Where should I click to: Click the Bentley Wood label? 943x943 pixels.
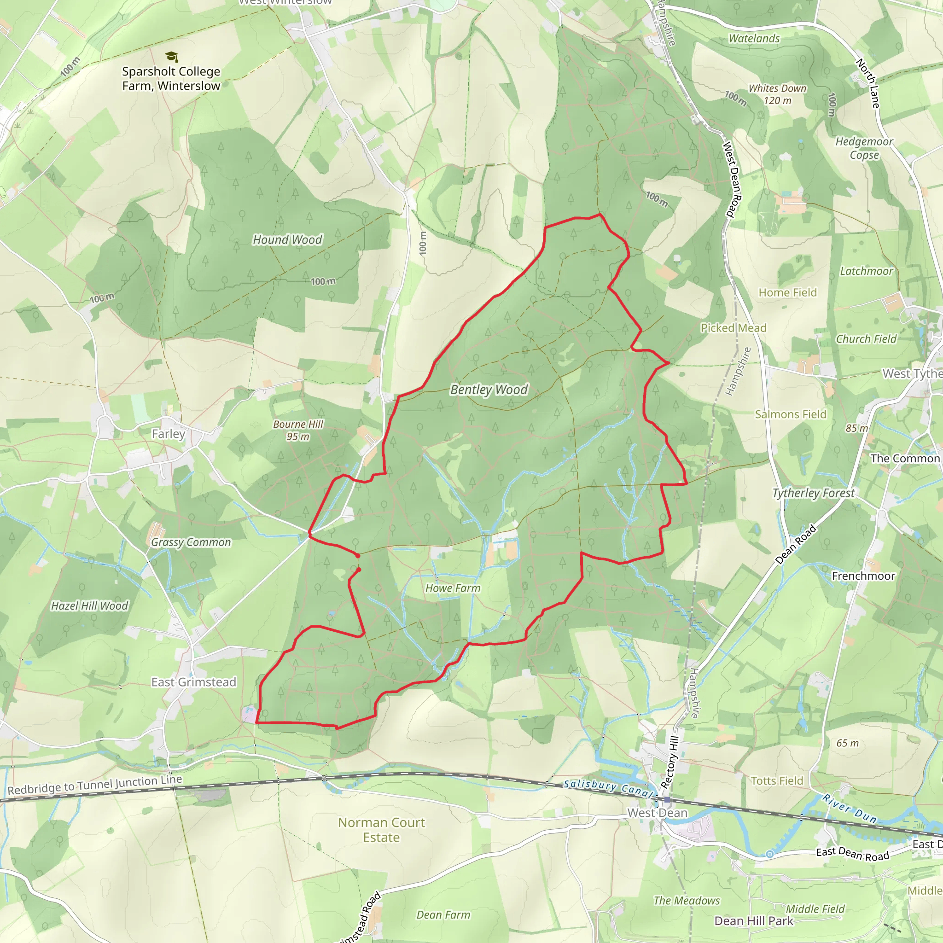pyautogui.click(x=489, y=390)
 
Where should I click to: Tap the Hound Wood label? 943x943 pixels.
pyautogui.click(x=287, y=239)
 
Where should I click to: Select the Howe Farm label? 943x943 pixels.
pyautogui.click(x=453, y=588)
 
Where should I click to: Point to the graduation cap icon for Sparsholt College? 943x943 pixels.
pyautogui.click(x=171, y=57)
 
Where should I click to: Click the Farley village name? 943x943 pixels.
pyautogui.click(x=169, y=433)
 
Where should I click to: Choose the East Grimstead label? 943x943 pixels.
pyautogui.click(x=194, y=682)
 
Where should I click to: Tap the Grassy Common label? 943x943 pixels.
pyautogui.click(x=191, y=542)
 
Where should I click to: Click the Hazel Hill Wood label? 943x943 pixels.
pyautogui.click(x=89, y=606)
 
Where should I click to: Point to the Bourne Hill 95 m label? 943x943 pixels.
pyautogui.click(x=298, y=430)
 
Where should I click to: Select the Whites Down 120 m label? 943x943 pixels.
pyautogui.click(x=778, y=94)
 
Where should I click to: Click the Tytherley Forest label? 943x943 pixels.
pyautogui.click(x=813, y=493)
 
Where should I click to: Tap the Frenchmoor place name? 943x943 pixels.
pyautogui.click(x=863, y=576)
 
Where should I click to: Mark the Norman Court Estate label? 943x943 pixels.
pyautogui.click(x=382, y=830)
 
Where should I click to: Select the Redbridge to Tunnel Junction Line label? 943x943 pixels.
pyautogui.click(x=95, y=784)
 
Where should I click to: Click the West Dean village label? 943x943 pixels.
pyautogui.click(x=657, y=813)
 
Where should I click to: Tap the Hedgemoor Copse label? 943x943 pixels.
pyautogui.click(x=864, y=148)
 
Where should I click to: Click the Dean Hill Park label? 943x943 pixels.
pyautogui.click(x=754, y=920)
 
